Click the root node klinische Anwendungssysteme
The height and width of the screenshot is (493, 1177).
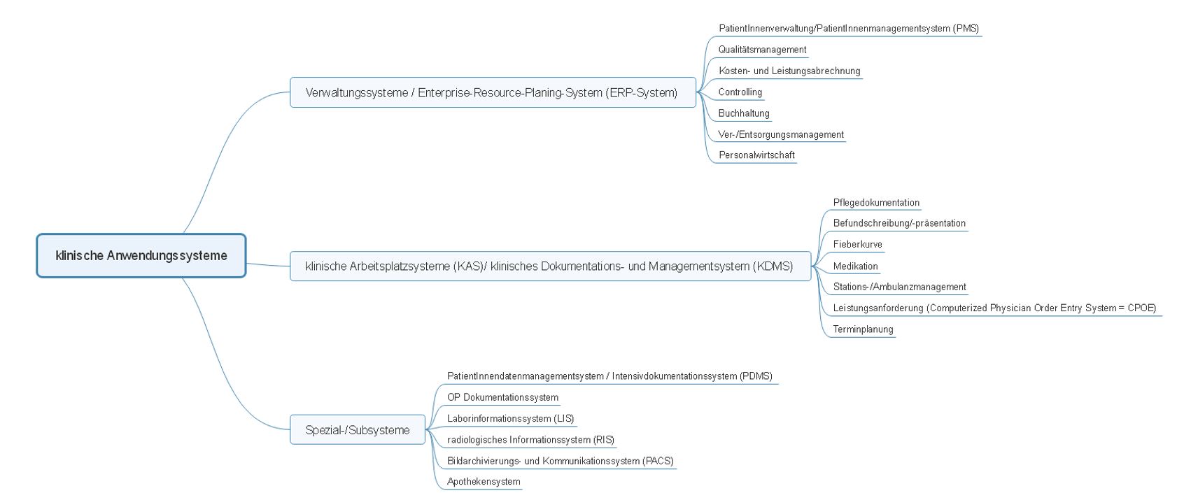[141, 256]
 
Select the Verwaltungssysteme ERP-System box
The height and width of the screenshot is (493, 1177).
[493, 92]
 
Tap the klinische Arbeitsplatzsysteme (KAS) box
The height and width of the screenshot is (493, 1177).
[550, 266]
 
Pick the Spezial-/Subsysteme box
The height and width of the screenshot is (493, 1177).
[358, 430]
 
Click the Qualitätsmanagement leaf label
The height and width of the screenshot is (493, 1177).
[762, 50]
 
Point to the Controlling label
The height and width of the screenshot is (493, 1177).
[740, 92]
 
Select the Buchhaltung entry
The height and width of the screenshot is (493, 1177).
[744, 113]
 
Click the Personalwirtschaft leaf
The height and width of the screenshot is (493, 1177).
[756, 155]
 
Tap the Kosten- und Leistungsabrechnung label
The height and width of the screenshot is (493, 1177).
[789, 71]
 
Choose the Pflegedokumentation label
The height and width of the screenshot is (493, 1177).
[876, 203]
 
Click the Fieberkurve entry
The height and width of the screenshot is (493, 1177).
[857, 245]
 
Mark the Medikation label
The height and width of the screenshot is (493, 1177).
[855, 266]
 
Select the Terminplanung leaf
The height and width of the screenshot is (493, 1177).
[863, 329]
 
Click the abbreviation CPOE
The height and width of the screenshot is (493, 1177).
[1141, 308]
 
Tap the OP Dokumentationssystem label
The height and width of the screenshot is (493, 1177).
[502, 397]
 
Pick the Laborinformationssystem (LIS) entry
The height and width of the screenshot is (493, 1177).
[510, 418]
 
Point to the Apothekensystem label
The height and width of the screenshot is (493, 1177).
[484, 481]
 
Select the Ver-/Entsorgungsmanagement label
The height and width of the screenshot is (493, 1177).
[781, 134]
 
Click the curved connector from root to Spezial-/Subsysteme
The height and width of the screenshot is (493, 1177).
[220, 368]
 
